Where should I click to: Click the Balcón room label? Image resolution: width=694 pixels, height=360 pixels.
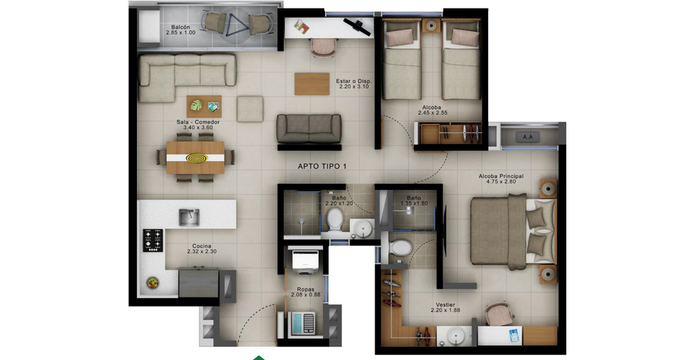(x=180, y=28)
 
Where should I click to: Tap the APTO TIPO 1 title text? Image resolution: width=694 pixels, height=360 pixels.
(x=322, y=167)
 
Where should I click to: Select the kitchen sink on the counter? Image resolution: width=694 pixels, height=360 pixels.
(x=189, y=217)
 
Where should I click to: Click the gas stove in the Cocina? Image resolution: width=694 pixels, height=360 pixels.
(x=152, y=240)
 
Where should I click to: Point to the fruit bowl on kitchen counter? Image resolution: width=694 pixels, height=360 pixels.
(x=152, y=282)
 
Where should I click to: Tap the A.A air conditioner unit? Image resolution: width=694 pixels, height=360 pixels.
(x=527, y=137)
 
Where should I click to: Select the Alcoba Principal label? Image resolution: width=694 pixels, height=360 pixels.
(x=501, y=176)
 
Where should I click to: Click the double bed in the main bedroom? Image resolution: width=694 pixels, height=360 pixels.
(x=512, y=232)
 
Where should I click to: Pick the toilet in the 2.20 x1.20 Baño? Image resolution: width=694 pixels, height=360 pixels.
(x=335, y=220)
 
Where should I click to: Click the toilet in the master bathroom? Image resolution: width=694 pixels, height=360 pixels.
(x=400, y=248)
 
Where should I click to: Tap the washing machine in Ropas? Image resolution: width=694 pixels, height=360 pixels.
(x=305, y=260)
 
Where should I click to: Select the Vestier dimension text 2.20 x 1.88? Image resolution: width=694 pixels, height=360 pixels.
(x=445, y=310)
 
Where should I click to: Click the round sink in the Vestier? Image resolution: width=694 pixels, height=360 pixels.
(x=455, y=335)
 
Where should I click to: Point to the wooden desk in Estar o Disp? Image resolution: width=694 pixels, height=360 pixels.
(x=312, y=83)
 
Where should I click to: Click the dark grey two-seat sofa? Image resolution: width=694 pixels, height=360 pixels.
(x=309, y=129)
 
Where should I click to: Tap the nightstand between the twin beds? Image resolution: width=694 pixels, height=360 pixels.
(x=431, y=26)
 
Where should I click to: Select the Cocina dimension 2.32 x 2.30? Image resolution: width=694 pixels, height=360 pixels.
(x=202, y=252)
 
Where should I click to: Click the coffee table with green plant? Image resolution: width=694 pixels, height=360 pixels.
(x=204, y=106)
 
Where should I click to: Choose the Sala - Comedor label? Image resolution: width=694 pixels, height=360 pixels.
(x=198, y=122)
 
